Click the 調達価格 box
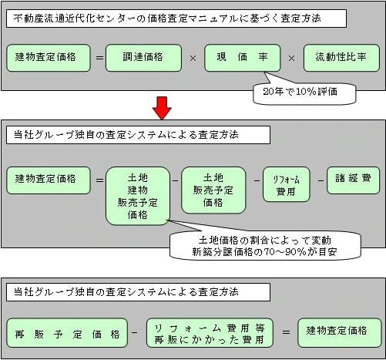pos(143,58)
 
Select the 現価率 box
pos(242,58)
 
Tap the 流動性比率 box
pos(341,58)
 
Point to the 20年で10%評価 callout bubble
pos(304,93)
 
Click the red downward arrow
pos(162,108)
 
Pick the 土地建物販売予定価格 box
pos(138,196)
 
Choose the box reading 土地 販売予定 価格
pos(213,190)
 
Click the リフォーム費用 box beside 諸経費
pos(287,184)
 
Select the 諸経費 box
pos(353,180)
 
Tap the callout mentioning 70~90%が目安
pos(265,246)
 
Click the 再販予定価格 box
pos(67,333)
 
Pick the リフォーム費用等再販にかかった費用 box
pos(210,333)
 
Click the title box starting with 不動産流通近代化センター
pos(176,19)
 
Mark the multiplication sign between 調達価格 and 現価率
pos(193,59)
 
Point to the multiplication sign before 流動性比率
pos(291,59)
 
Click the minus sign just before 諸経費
pos(321,180)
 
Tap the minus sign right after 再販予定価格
pos(134,332)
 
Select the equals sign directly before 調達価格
pos(99,58)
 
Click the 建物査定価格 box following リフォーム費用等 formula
pos(340,333)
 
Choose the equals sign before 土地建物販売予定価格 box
pos(99,180)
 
